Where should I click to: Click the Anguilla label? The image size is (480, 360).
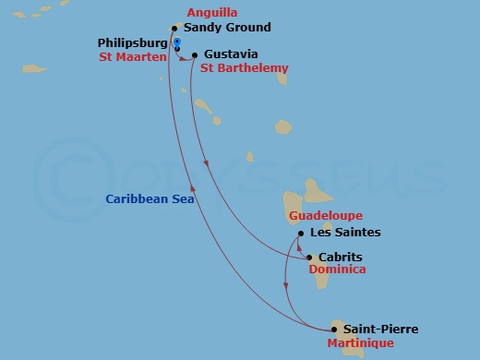coord(212,14)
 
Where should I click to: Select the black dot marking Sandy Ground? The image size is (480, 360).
coord(174,29)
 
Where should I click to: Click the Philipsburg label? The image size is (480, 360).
coord(132,43)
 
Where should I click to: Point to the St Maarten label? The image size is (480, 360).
coord(132,57)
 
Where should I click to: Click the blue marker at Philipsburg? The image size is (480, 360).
coord(176,42)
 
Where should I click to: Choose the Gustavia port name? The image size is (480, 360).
coord(231,54)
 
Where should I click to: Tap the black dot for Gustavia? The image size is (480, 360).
coord(195,54)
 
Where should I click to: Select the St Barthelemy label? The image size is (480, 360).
coord(244,68)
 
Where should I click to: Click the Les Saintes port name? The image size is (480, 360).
coord(345,233)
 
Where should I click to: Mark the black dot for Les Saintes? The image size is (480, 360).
coord(301,233)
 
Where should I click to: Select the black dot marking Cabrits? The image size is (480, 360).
coord(311,258)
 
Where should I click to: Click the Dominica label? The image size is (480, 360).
coord(337,270)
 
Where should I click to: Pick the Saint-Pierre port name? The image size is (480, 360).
coord(380,330)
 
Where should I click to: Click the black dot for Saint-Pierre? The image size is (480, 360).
coord(334,329)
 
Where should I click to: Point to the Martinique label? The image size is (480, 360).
coord(360,343)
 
